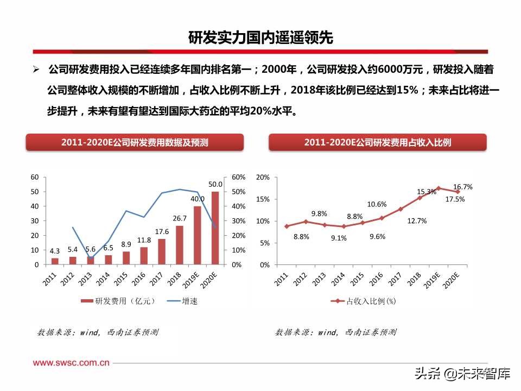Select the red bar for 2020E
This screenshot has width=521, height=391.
(215, 228)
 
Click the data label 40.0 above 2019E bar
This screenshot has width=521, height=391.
(198, 199)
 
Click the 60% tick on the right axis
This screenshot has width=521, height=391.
(238, 177)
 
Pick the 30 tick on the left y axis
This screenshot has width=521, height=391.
(34, 221)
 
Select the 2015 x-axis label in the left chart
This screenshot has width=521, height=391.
(122, 280)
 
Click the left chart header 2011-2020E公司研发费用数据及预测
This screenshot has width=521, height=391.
(135, 142)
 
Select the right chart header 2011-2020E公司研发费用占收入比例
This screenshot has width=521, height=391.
(378, 142)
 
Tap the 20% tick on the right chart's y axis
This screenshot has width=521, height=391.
(263, 177)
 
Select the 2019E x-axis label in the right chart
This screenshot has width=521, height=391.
(431, 281)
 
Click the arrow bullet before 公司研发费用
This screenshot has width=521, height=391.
(36, 70)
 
